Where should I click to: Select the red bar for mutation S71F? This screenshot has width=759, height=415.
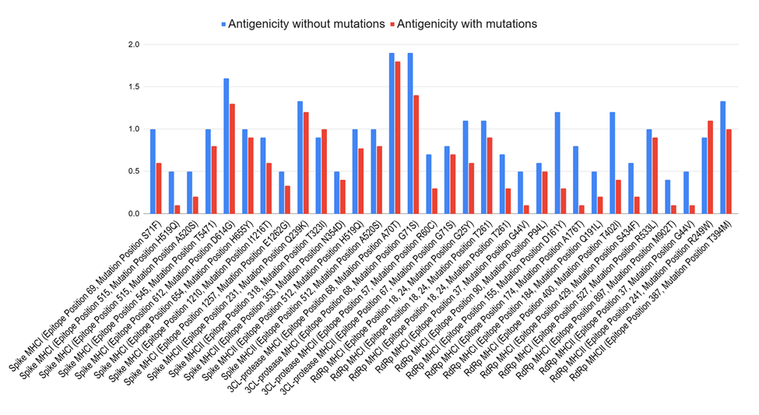158,188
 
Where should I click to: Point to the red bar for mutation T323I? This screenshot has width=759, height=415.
324,171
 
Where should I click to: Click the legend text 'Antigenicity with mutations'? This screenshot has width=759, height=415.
466,24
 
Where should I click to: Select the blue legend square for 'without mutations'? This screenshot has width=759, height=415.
224,24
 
